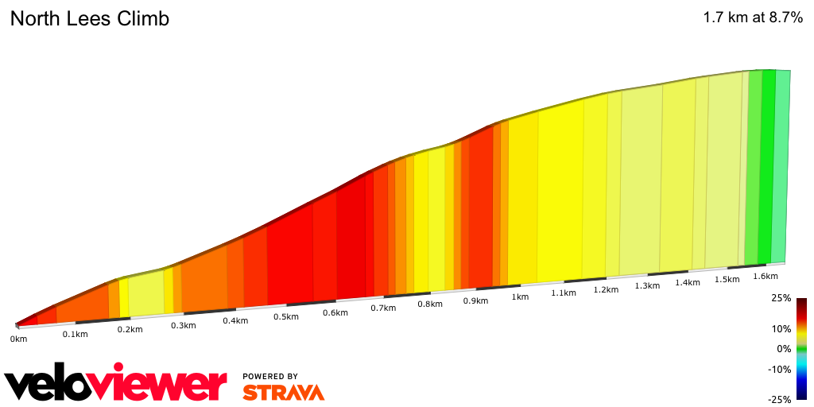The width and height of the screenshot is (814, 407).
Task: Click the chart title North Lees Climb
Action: coord(89,19)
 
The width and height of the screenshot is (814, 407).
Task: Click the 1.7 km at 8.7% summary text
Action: coord(753,18)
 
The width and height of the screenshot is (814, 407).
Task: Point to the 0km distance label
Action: coord(18,339)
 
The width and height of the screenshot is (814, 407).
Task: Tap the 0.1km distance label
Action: coord(75,334)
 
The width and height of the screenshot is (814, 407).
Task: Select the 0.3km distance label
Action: coord(183,325)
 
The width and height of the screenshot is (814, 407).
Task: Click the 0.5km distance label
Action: coord(286,316)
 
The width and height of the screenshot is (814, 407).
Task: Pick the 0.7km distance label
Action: coord(383,308)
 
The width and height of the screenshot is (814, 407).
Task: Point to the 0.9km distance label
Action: coord(475,300)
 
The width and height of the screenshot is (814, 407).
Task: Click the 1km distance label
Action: coord(520,297)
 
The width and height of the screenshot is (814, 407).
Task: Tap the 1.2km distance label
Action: coord(606,289)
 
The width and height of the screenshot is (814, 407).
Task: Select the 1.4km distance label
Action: coord(688,282)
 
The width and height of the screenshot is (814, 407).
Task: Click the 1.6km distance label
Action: coord(765,276)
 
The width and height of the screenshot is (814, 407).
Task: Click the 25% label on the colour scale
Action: coord(781,298)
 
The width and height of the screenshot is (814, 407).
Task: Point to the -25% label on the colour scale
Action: coord(780,399)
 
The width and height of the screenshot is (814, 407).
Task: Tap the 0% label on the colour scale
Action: coord(784,348)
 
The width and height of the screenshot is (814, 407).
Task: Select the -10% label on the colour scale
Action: coord(780,369)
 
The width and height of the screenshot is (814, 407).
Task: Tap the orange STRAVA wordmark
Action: coord(283,392)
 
